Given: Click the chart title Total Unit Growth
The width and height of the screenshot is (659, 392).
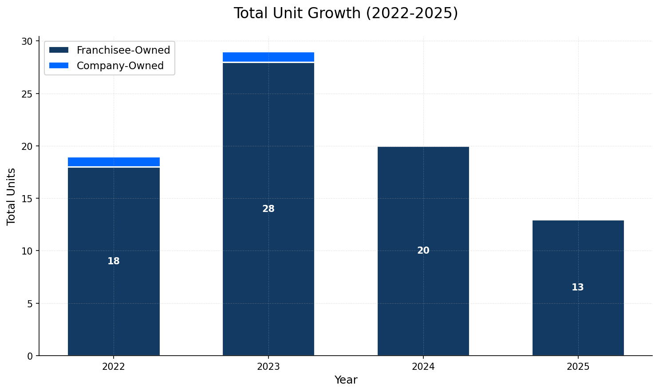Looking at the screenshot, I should click(x=346, y=13).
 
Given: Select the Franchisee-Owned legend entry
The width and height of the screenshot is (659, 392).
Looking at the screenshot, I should click(x=123, y=51).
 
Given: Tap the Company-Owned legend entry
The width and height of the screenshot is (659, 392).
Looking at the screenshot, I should click(x=120, y=66).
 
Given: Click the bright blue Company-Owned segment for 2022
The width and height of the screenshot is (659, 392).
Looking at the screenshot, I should click(x=114, y=162).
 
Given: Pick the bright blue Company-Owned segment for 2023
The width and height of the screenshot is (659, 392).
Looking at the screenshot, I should click(x=268, y=57).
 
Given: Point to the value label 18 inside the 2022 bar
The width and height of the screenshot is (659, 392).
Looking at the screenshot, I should click(x=114, y=262).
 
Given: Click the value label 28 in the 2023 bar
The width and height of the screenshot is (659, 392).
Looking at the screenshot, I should click(x=268, y=209).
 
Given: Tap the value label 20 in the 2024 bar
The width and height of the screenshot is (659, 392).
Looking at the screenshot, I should click(x=423, y=251).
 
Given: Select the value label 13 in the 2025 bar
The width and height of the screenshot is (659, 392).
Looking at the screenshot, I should click(x=578, y=288).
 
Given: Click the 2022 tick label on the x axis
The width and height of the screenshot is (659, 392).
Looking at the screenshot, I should click(x=114, y=367).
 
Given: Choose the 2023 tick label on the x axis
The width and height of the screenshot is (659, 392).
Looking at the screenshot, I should click(x=268, y=367).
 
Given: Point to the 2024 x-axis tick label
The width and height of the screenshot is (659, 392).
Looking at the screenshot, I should click(x=423, y=367).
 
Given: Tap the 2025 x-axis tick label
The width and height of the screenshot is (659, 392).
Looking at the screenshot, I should click(x=578, y=367).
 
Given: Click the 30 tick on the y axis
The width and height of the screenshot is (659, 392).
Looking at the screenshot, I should click(x=28, y=42).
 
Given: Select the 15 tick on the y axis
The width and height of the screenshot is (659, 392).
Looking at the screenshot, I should click(x=28, y=199).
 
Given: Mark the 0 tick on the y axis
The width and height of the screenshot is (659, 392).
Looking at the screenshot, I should click(x=30, y=356).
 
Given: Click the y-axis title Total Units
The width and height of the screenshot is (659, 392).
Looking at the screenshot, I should click(x=12, y=196).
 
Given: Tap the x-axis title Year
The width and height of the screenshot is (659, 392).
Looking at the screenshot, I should click(x=346, y=380).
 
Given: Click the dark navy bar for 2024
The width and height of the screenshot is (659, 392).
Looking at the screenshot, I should click(x=423, y=302).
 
